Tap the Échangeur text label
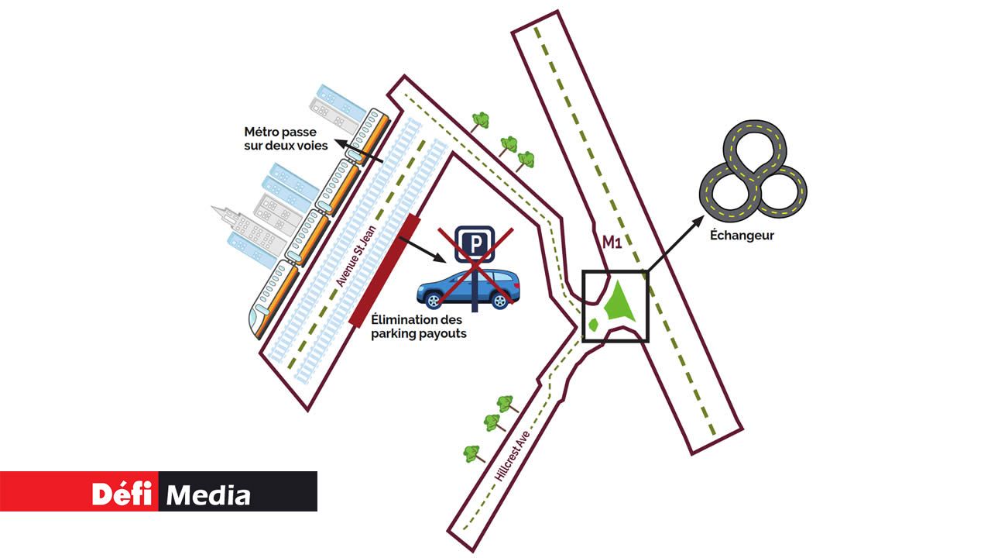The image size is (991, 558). [x=742, y=236]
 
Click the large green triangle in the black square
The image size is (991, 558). [x=619, y=303]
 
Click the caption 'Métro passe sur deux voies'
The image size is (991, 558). [x=285, y=139]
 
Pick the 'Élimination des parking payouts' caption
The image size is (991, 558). [x=418, y=326]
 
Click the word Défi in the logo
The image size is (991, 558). [x=122, y=494]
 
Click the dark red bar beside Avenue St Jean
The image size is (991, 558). [x=385, y=269]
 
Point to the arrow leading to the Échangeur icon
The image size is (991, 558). [x=674, y=244]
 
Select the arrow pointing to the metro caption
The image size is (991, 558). [x=364, y=154]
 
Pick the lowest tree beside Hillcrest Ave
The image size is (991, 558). [x=474, y=453]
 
